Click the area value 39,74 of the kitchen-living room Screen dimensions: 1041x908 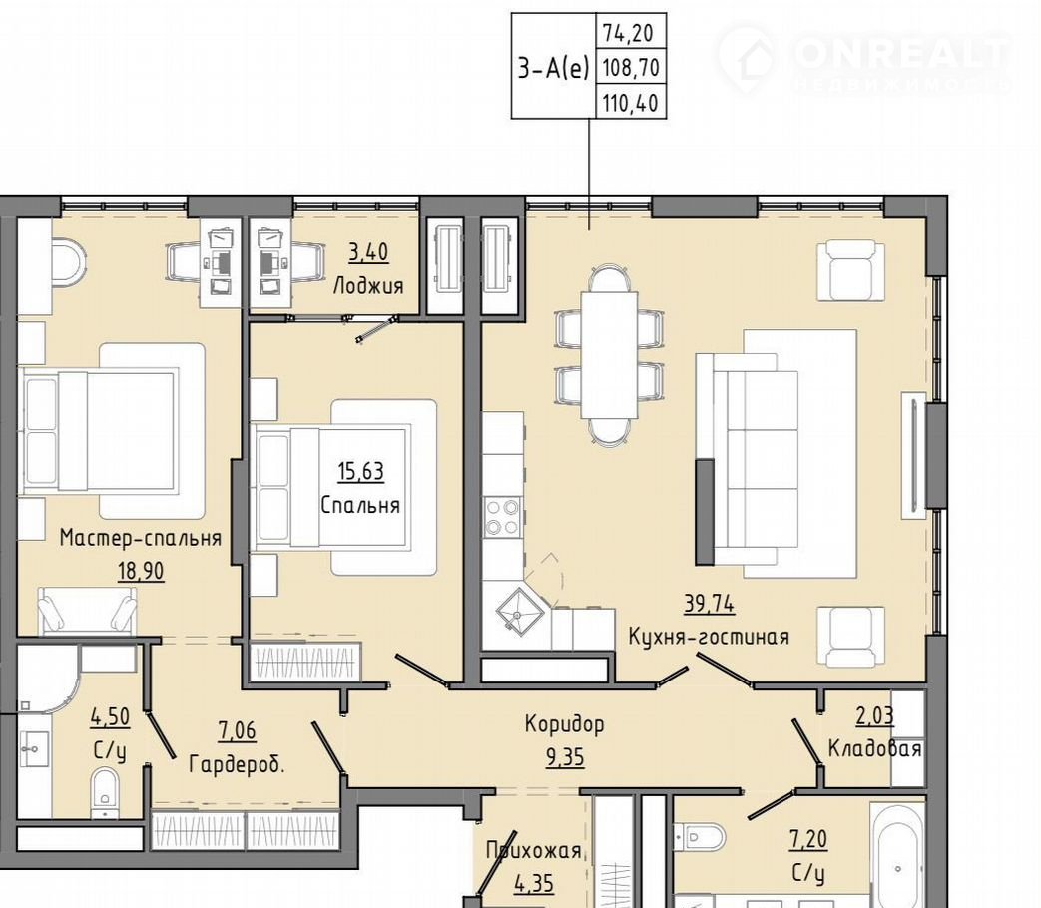709,603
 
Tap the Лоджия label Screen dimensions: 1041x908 368,286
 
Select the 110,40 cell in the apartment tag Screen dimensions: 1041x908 632,103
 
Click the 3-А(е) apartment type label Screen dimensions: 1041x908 554,67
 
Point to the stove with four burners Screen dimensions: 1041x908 502,517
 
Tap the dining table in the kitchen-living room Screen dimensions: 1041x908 610,354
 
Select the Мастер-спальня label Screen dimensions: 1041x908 141,537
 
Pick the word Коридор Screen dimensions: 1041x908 564,723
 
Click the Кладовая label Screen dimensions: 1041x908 874,748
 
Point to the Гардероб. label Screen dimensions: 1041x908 237,764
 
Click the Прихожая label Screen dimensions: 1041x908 533,850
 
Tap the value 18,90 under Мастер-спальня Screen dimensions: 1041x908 141,570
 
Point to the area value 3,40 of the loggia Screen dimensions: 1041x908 368,252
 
